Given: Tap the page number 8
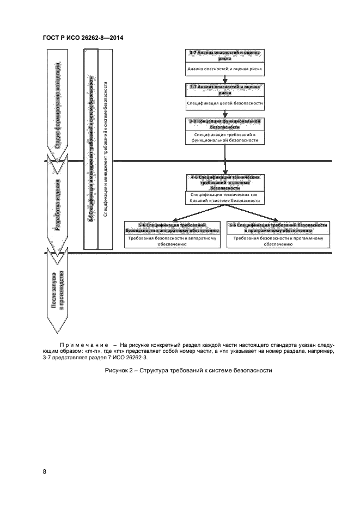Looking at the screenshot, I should pos(45,471).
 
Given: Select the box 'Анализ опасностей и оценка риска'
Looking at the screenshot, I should pos(224,69).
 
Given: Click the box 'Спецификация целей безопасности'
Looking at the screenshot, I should pos(224,103).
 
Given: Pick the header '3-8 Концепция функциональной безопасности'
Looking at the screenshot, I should pos(224,123).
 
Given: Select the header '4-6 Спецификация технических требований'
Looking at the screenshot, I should pos(224,182).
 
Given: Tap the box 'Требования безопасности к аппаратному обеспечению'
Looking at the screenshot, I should pos(172,241).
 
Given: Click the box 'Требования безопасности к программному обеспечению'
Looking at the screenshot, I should pos(278,241).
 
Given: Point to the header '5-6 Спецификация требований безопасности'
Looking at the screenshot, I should pos(172,228).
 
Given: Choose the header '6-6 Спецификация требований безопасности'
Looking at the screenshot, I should pos(278,228).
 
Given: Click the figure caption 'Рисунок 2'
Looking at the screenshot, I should pos(187,371).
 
